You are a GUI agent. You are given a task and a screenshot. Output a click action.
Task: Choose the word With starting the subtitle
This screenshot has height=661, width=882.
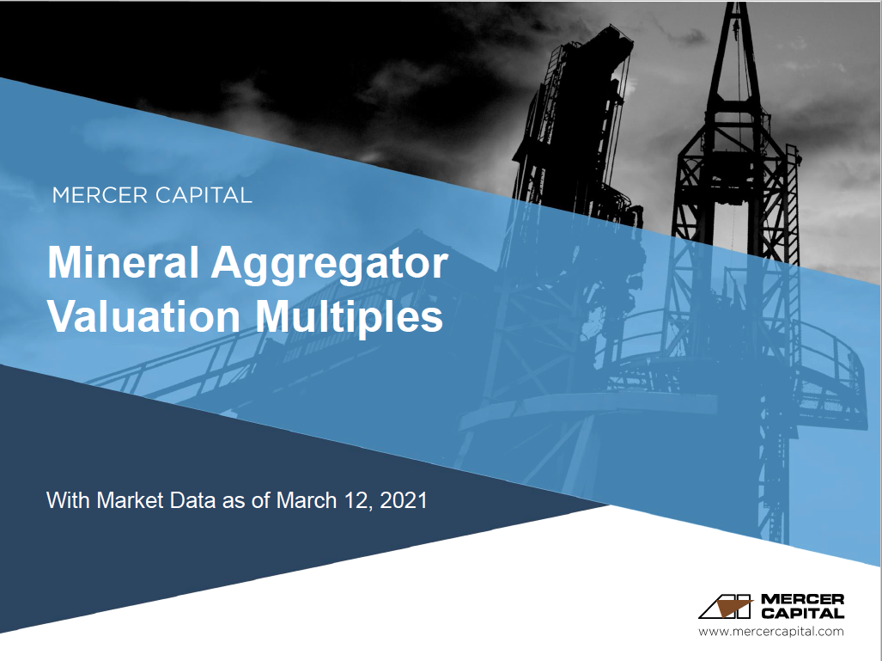click(x=69, y=500)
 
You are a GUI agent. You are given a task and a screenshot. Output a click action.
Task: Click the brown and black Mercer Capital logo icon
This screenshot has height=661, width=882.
click(x=727, y=606)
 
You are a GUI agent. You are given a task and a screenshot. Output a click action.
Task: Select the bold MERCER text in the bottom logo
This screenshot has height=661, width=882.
click(x=803, y=599)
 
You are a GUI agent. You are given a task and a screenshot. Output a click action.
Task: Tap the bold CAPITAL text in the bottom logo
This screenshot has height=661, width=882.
click(x=803, y=613)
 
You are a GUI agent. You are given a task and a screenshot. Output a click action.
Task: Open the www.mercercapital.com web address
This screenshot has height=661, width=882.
click(x=770, y=632)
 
